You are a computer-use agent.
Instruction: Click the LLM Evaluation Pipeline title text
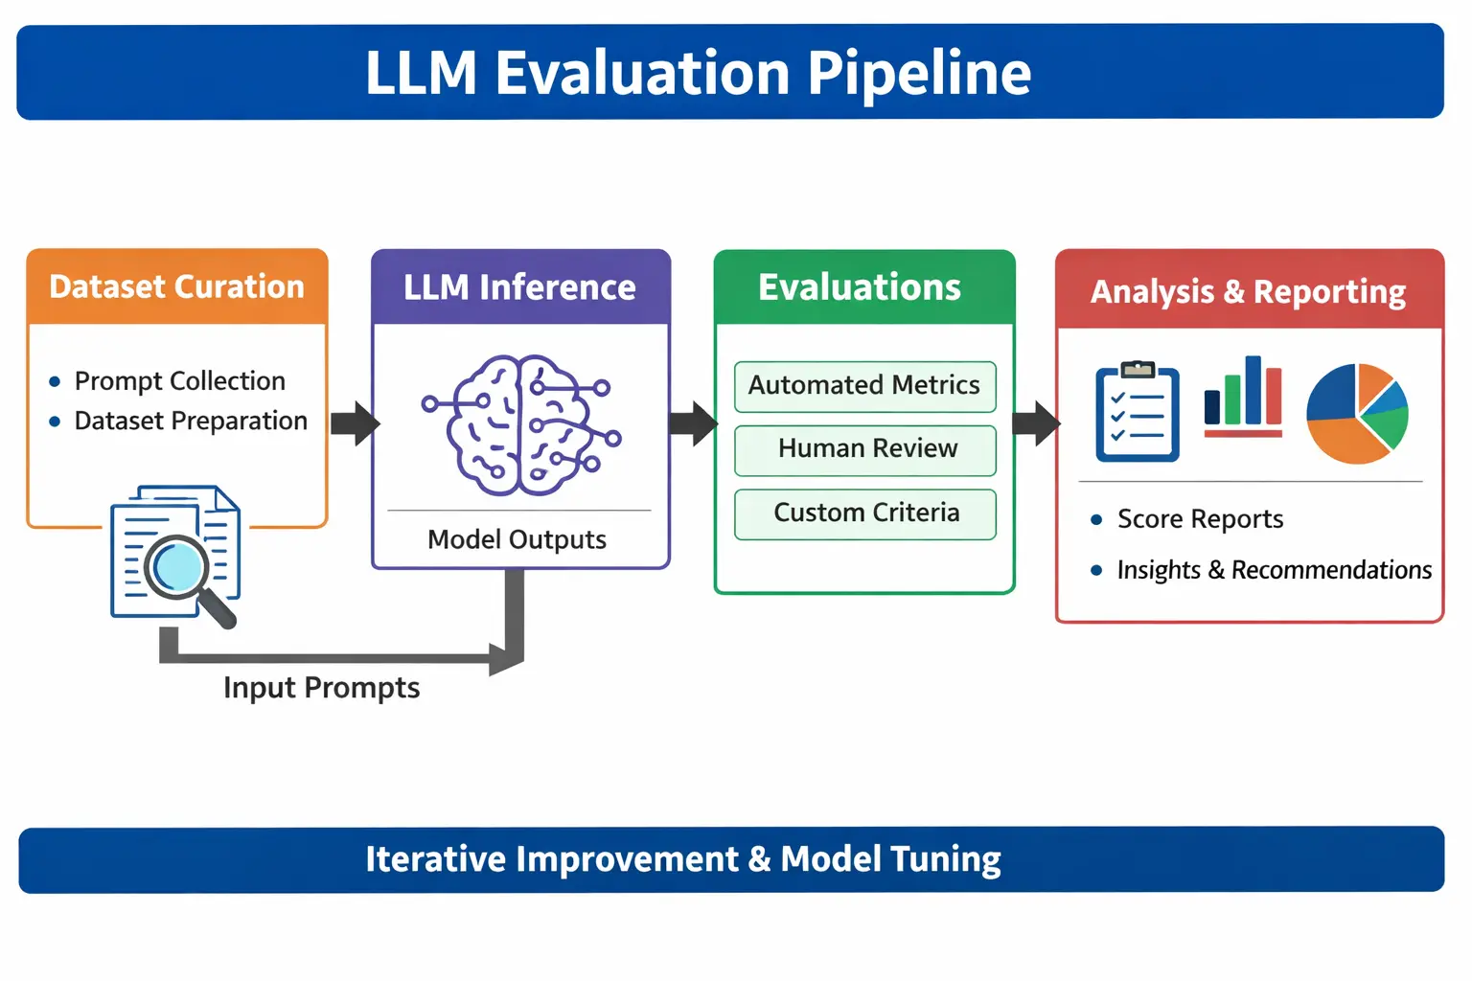pyautogui.click(x=698, y=73)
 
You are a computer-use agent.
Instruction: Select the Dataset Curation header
pyautogui.click(x=176, y=286)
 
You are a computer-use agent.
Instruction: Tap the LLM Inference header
pyautogui.click(x=519, y=287)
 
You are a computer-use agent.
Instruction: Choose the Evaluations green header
pyautogui.click(x=860, y=287)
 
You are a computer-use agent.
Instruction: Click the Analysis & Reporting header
pyautogui.click(x=1248, y=291)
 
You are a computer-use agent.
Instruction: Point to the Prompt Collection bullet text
pyautogui.click(x=180, y=381)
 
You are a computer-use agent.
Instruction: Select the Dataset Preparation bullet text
pyautogui.click(x=191, y=421)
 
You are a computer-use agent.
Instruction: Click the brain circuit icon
pyautogui.click(x=521, y=424)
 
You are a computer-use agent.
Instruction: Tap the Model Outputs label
pyautogui.click(x=517, y=539)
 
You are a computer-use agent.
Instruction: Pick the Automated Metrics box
pyautogui.click(x=864, y=385)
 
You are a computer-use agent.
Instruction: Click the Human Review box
pyautogui.click(x=866, y=448)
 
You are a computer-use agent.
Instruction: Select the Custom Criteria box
pyautogui.click(x=866, y=513)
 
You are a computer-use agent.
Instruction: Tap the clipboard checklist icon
pyautogui.click(x=1137, y=413)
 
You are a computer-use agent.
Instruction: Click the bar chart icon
pyautogui.click(x=1243, y=397)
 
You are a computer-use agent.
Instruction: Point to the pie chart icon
pyautogui.click(x=1357, y=413)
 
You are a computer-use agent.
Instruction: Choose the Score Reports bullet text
pyautogui.click(x=1200, y=519)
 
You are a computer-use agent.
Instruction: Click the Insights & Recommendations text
pyautogui.click(x=1274, y=570)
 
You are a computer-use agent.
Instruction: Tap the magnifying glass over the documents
pyautogui.click(x=184, y=572)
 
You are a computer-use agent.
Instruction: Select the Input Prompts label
pyautogui.click(x=321, y=688)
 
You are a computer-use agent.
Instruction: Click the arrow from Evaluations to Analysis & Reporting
pyautogui.click(x=1035, y=422)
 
